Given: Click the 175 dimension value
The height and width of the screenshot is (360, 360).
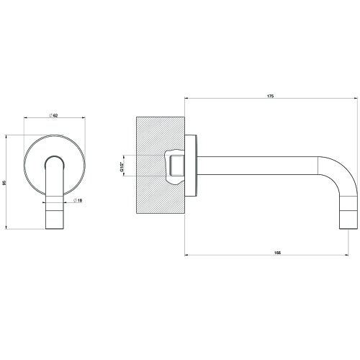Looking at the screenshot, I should coord(271,95).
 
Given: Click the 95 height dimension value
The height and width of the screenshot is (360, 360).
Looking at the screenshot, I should coord(5,182).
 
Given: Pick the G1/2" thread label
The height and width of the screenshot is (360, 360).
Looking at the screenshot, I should coord(122,168).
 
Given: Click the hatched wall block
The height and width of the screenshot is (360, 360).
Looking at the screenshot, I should coord(155,137).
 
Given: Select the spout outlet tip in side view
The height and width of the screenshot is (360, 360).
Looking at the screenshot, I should coord(348,220).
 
